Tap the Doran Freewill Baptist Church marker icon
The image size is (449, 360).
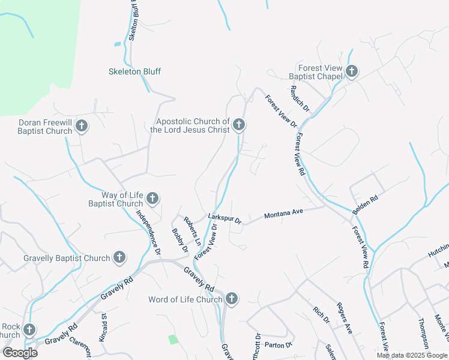pyautogui.click(x=82, y=126)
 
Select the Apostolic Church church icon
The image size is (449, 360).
pyautogui.click(x=239, y=125)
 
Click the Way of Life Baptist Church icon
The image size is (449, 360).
pyautogui.click(x=152, y=198)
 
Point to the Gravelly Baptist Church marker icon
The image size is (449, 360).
pyautogui.click(x=119, y=258)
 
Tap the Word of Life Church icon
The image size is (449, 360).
pyautogui.click(x=232, y=299)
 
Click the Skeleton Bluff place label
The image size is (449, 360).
pyautogui.click(x=134, y=71)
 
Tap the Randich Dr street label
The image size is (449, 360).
pyautogui.click(x=299, y=98)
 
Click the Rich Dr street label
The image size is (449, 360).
pyautogui.click(x=322, y=315)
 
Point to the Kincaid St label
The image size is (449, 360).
pyautogui.click(x=104, y=340)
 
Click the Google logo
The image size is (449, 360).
pyautogui.click(x=20, y=352)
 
